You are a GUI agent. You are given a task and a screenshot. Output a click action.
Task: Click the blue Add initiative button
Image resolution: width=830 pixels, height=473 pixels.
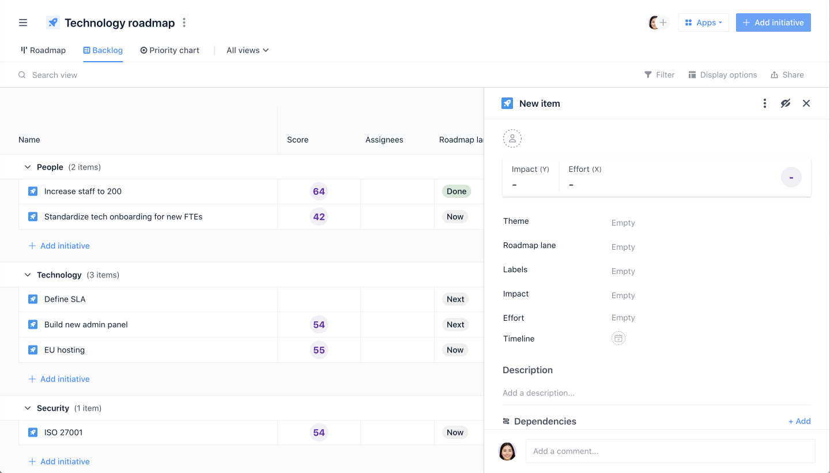(x=773, y=22)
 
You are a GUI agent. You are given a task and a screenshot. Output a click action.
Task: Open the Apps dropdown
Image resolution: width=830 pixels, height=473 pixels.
(x=703, y=22)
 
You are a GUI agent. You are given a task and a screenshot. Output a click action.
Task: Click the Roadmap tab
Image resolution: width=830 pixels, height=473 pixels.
(x=43, y=50)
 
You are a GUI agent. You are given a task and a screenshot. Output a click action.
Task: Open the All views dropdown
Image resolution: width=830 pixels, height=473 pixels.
(x=247, y=50)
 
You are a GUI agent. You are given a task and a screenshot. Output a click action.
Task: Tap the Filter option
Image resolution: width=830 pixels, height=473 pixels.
(x=659, y=75)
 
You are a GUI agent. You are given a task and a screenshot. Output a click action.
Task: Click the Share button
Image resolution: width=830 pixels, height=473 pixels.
(x=787, y=75)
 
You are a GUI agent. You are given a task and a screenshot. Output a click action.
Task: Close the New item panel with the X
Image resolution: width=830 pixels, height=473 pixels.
(x=806, y=103)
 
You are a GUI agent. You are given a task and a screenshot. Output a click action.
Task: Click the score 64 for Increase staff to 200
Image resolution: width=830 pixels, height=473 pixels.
(x=319, y=192)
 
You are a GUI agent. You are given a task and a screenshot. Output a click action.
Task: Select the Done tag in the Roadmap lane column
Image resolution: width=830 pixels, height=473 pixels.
(x=456, y=192)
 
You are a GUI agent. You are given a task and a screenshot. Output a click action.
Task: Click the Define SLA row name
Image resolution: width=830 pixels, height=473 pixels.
(x=65, y=299)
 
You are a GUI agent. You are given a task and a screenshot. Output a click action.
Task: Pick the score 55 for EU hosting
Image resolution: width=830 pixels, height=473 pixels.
(x=319, y=350)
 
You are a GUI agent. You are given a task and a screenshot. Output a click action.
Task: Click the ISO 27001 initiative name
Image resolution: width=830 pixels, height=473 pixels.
(x=63, y=433)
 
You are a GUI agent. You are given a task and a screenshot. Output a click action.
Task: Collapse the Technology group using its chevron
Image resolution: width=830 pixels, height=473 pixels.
(x=28, y=275)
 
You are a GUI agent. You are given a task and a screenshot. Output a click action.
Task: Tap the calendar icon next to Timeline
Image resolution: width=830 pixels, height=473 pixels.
(x=618, y=339)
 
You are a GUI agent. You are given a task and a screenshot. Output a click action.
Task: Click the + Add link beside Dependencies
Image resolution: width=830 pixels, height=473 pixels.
(x=799, y=422)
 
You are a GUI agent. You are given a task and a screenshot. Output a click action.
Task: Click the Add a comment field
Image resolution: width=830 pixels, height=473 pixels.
(x=670, y=451)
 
